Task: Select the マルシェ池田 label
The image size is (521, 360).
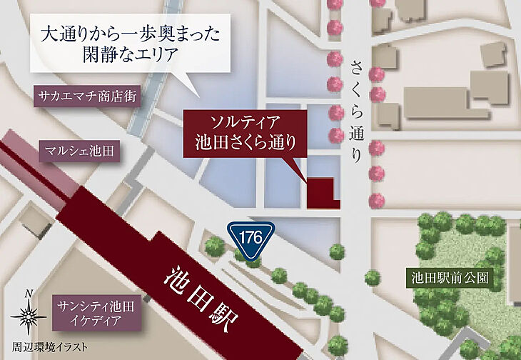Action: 79,151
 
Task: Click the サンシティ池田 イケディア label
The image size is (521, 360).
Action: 96,313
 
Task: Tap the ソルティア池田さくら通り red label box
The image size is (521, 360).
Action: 245,132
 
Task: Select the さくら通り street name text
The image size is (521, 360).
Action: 358,111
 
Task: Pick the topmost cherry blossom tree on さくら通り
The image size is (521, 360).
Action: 334,4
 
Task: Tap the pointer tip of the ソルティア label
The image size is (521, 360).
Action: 303,176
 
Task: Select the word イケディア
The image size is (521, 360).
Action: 96,321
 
